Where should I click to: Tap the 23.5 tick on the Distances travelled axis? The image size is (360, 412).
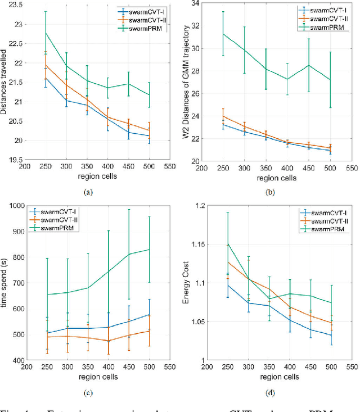pyautogui.click(x=16, y=4)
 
